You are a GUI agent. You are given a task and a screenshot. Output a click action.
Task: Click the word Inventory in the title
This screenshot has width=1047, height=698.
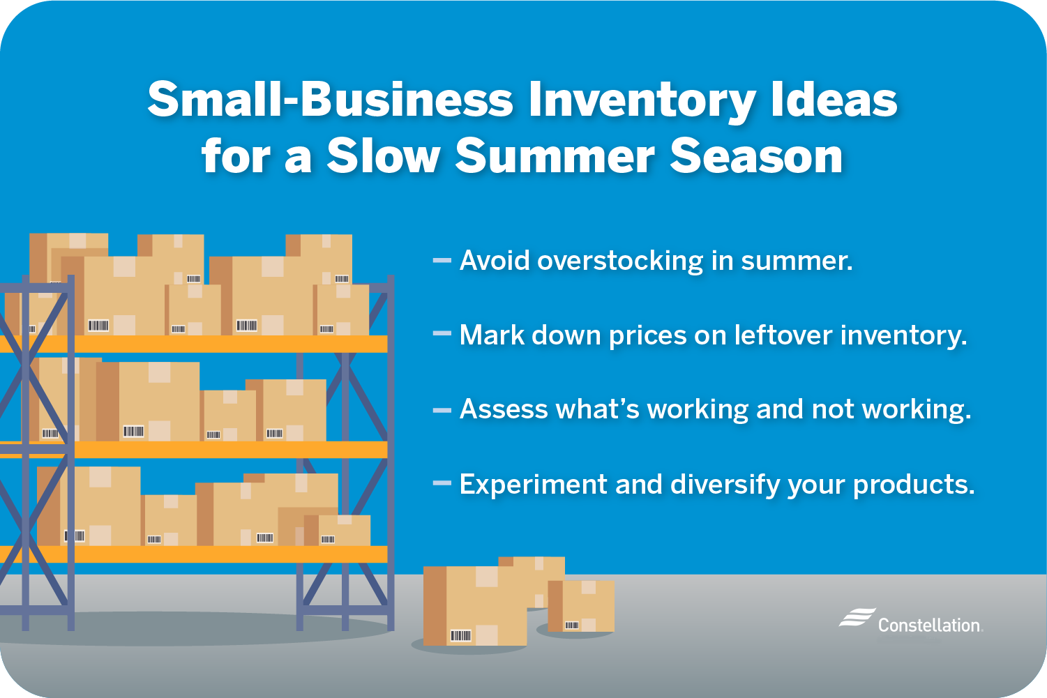tap(642, 101)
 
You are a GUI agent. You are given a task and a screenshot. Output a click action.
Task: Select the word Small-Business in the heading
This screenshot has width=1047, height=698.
tap(331, 100)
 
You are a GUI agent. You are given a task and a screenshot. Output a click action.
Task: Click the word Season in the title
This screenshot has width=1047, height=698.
tap(756, 156)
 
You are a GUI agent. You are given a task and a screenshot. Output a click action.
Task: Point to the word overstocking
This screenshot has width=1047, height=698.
tap(620, 261)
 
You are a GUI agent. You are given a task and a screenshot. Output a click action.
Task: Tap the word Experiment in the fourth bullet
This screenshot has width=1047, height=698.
tap(533, 484)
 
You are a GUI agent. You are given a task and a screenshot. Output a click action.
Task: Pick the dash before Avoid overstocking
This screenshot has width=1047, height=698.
tap(442, 261)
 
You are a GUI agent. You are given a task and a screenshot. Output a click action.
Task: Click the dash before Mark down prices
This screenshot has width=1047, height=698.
tap(442, 335)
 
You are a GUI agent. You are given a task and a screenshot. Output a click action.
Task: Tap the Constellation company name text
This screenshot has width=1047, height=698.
tap(929, 625)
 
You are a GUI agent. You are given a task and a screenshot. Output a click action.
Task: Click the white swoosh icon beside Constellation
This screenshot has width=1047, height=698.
tap(856, 618)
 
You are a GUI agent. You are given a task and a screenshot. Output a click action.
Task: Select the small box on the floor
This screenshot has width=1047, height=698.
tap(581, 605)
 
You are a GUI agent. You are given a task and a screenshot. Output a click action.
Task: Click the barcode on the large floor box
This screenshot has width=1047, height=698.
tap(460, 635)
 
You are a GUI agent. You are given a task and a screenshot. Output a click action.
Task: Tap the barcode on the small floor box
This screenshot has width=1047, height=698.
tap(571, 625)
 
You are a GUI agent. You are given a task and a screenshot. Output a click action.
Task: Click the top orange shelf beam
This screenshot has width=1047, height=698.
tap(209, 344)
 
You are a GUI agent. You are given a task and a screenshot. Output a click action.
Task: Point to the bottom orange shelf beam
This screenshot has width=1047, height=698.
tap(209, 554)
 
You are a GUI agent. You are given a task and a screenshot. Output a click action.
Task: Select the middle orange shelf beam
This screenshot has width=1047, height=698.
tap(209, 450)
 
